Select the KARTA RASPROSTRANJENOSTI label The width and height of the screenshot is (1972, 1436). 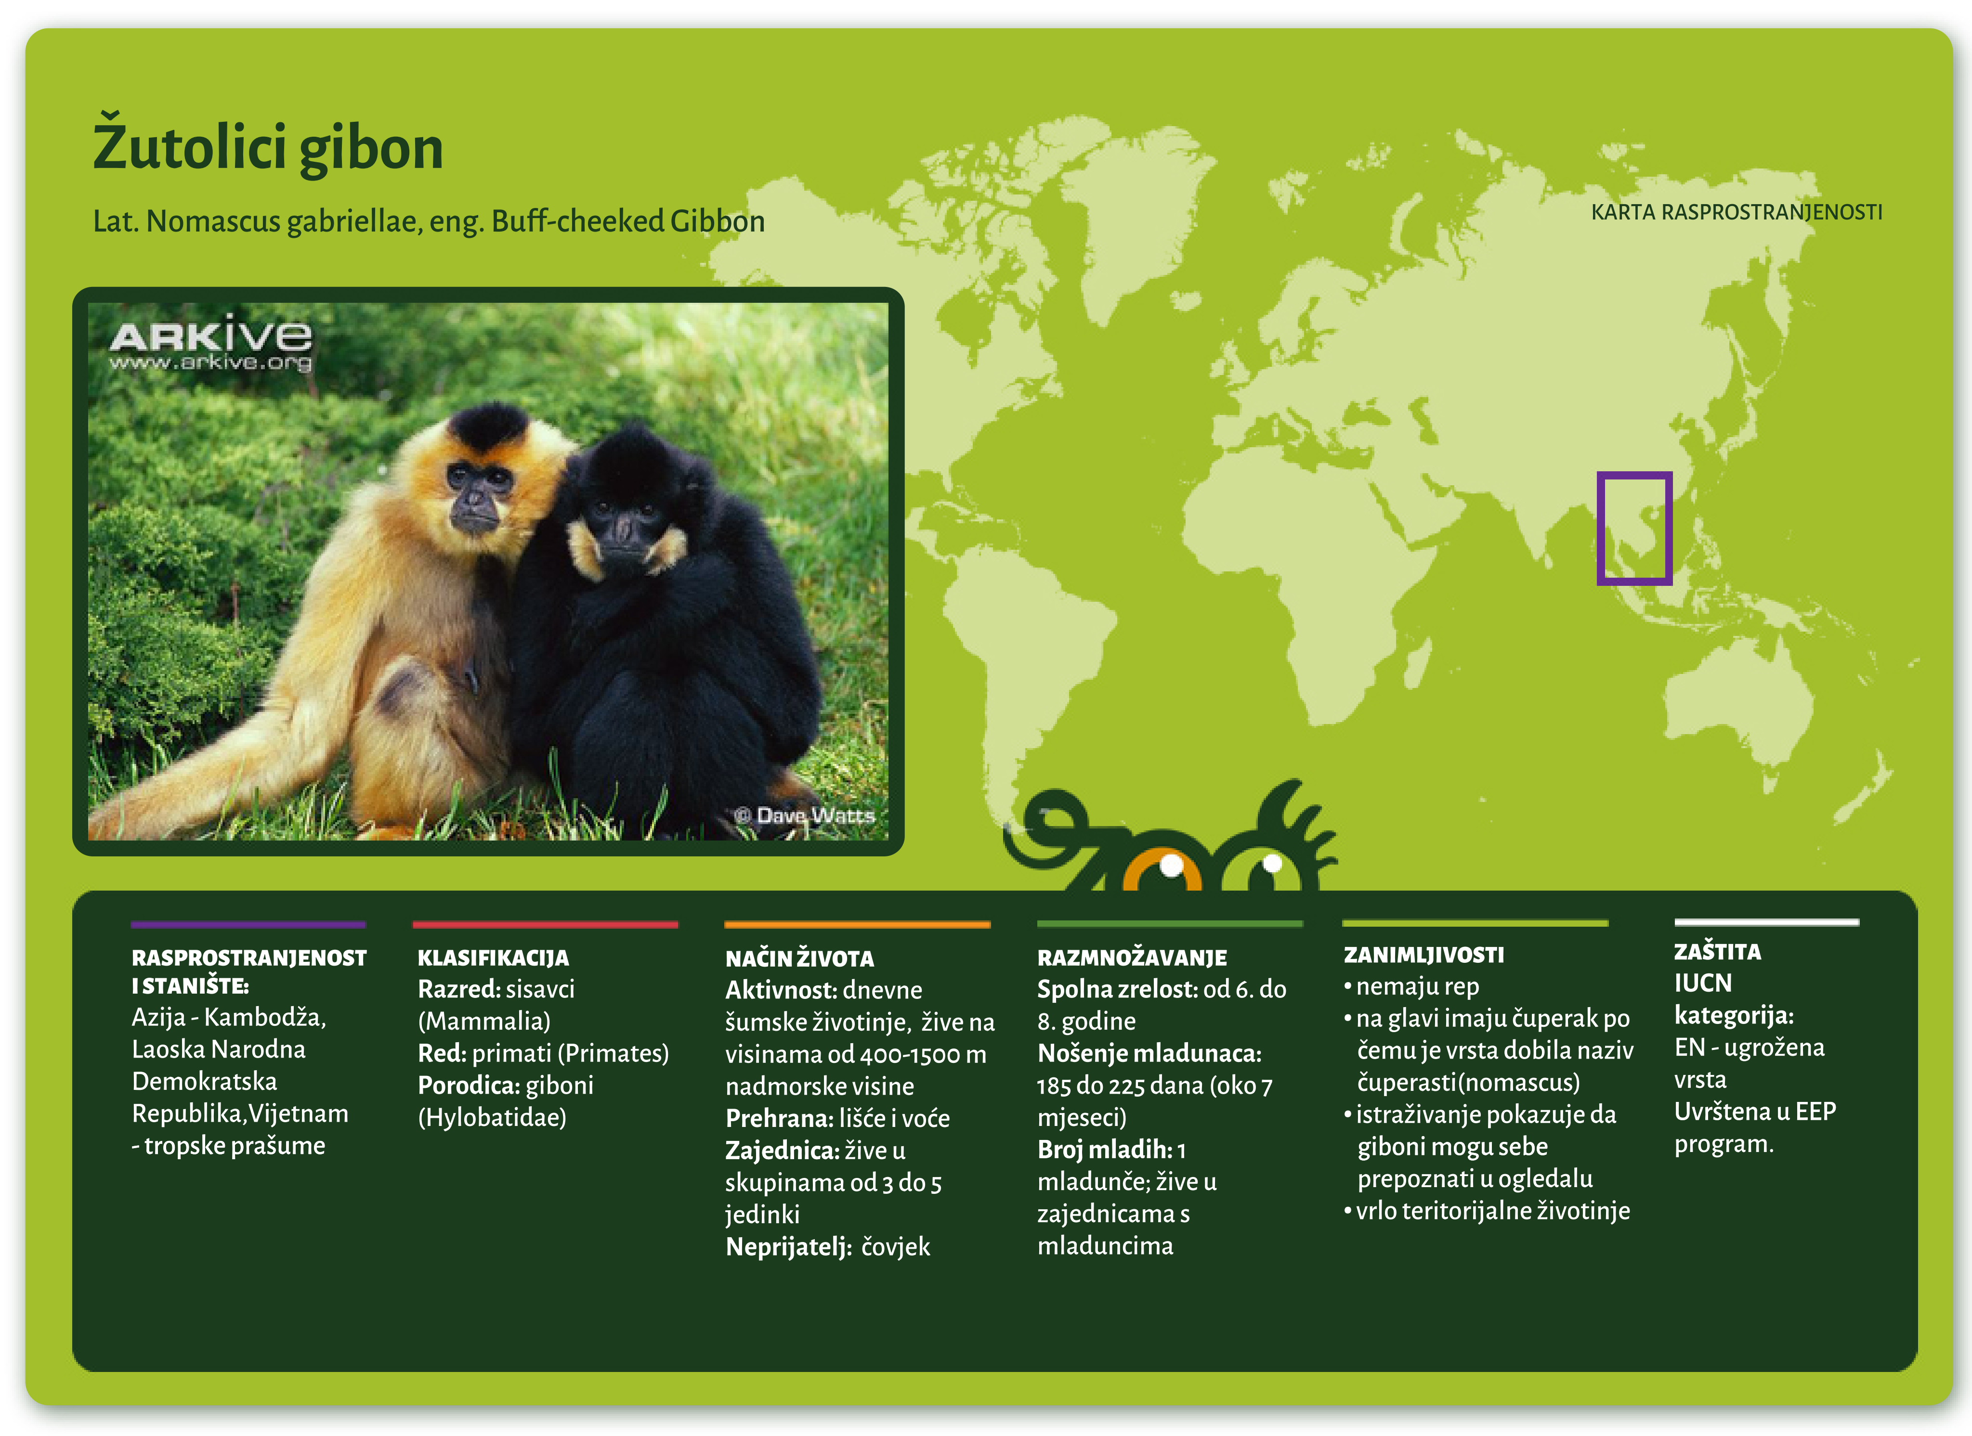pyautogui.click(x=1737, y=212)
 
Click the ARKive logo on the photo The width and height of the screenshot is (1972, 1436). pyautogui.click(x=210, y=342)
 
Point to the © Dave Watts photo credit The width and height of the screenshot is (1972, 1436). pyautogui.click(x=804, y=815)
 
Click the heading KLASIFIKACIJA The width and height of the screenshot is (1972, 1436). pyautogui.click(x=493, y=958)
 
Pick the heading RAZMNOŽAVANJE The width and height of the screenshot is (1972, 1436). pyautogui.click(x=1132, y=958)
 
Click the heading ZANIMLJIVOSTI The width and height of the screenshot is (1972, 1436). pyautogui.click(x=1423, y=955)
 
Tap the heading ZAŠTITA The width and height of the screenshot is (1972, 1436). pyautogui.click(x=1717, y=952)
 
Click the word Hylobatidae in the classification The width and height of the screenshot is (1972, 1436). pyautogui.click(x=492, y=1117)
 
